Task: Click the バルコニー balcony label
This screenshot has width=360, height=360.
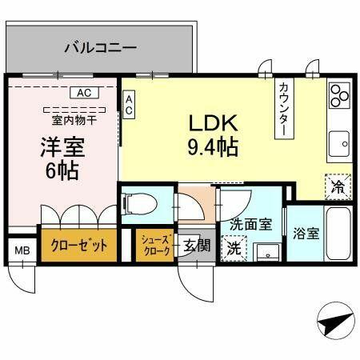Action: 101,48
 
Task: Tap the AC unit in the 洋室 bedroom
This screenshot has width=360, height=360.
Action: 85,93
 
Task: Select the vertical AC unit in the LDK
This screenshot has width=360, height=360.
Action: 129,105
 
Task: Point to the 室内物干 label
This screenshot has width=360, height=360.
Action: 74,121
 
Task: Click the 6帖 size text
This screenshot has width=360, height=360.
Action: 62,171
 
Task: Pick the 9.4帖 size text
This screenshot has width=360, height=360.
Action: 213,147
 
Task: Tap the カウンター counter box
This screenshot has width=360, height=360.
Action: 284,108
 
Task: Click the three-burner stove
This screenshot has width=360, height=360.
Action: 339,95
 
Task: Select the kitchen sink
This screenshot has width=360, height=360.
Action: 339,144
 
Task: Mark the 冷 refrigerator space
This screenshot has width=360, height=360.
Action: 338,186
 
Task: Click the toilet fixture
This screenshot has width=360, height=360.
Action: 138,205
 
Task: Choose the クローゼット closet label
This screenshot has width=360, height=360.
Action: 79,246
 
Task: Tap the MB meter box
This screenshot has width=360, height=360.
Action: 22,250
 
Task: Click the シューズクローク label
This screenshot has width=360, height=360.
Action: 155,245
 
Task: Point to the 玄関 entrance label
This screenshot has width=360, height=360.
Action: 197,245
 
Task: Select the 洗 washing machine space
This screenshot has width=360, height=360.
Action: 234,248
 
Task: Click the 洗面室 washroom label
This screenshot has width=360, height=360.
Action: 251,225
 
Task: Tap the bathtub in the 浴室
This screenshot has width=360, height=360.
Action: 338,233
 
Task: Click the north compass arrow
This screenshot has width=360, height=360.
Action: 337,321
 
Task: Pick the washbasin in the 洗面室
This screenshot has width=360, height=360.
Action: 267,252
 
